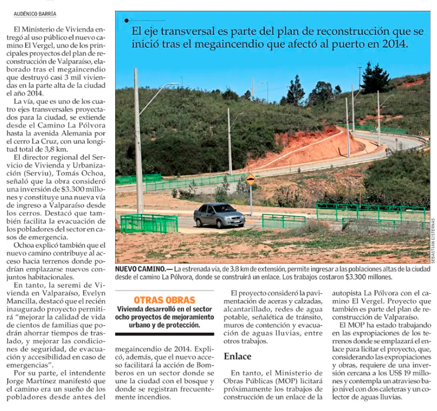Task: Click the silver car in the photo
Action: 218,215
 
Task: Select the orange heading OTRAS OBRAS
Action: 164,300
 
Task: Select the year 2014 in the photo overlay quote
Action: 395,44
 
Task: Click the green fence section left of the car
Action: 149,223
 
